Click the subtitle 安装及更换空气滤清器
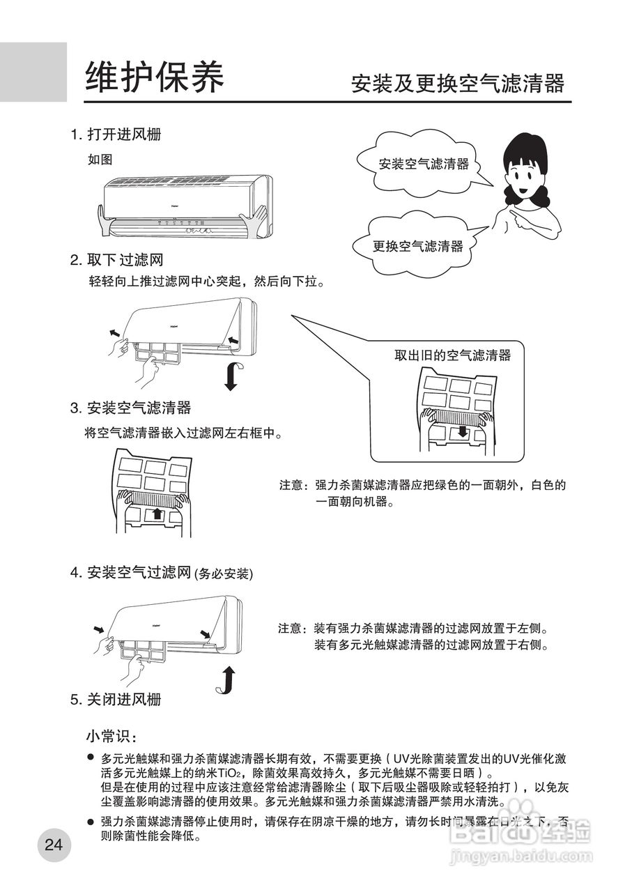457,84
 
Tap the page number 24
54,845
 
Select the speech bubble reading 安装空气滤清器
423,164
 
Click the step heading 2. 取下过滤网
116,261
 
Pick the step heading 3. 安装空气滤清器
130,408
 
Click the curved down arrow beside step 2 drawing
232,376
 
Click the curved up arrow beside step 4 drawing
225,680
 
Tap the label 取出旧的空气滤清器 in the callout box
452,355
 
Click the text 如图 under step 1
100,160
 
